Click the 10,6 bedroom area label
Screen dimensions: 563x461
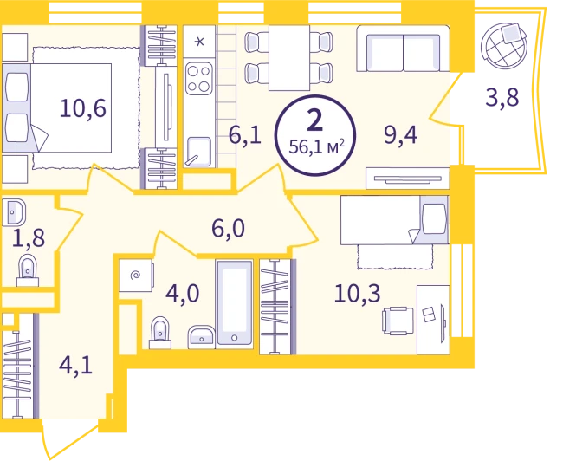83,108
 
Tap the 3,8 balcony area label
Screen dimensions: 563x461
502,97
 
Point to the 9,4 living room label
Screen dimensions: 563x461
401,135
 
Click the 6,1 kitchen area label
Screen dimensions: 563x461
245,135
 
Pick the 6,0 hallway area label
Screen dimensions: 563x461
228,229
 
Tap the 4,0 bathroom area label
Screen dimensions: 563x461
183,294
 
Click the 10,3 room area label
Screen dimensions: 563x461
357,293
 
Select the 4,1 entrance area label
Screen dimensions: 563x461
75,366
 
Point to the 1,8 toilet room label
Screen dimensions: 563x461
29,238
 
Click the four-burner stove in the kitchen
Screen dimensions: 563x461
199,79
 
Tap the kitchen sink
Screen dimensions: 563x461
197,152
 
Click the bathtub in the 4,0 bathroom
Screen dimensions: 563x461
235,304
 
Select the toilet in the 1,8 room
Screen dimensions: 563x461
28,270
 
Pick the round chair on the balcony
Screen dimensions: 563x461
504,45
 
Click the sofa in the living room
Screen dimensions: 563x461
403,49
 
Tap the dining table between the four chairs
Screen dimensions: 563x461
289,58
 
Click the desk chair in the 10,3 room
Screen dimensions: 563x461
398,321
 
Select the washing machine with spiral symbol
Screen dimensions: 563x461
137,276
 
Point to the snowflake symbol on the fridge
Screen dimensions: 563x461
199,42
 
